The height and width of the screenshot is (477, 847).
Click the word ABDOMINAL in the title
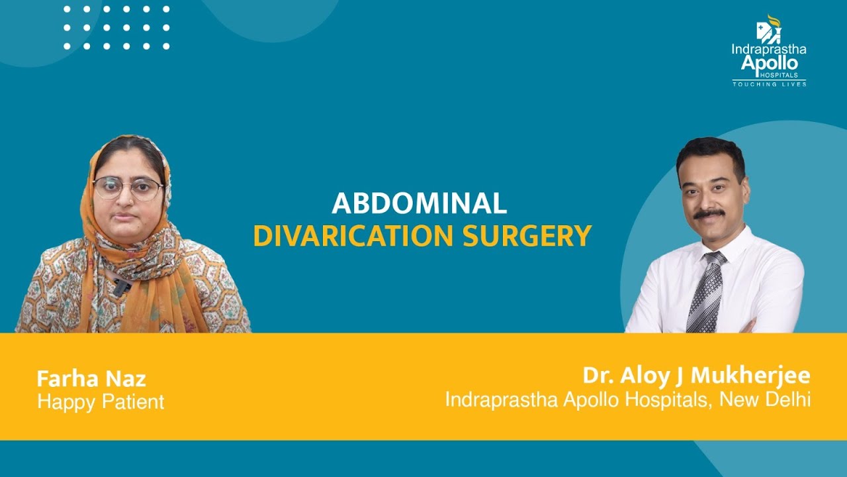(x=419, y=204)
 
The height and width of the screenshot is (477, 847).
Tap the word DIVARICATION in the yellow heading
(x=349, y=237)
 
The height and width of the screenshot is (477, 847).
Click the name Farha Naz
(x=91, y=379)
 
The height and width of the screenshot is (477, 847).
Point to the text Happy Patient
(x=101, y=401)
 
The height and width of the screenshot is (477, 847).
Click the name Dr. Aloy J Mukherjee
(x=696, y=376)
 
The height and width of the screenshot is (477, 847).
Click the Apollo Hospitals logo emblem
(x=768, y=29)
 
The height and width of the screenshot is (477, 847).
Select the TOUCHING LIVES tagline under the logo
(x=769, y=84)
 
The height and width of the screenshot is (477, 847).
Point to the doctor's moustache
(x=709, y=213)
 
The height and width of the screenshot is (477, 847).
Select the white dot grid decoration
(x=116, y=28)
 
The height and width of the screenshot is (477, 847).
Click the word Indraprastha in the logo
(x=769, y=49)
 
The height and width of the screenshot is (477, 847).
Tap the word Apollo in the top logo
(x=769, y=63)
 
